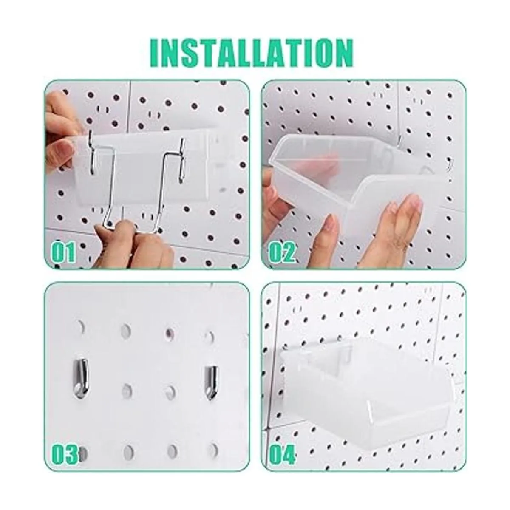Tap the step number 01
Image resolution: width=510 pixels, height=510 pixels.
click(x=63, y=252)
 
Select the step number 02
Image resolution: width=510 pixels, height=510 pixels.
click(x=282, y=252)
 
